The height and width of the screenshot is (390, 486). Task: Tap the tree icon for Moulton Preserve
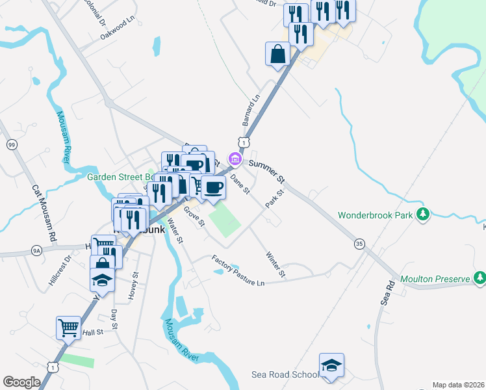[x=480, y=279]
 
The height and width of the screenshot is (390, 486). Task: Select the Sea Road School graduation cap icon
[x=331, y=365]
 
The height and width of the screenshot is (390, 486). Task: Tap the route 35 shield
[x=359, y=244]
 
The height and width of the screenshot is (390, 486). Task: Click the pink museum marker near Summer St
[x=235, y=158]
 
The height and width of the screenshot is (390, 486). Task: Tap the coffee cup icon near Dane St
[x=213, y=187]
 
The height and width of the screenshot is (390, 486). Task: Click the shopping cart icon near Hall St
[x=68, y=328]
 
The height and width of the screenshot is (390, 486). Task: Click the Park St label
[x=275, y=199]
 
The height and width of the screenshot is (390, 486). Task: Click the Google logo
[x=21, y=382]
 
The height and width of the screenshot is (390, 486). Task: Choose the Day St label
[x=114, y=318]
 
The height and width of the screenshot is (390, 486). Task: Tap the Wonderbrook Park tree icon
[x=424, y=214]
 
